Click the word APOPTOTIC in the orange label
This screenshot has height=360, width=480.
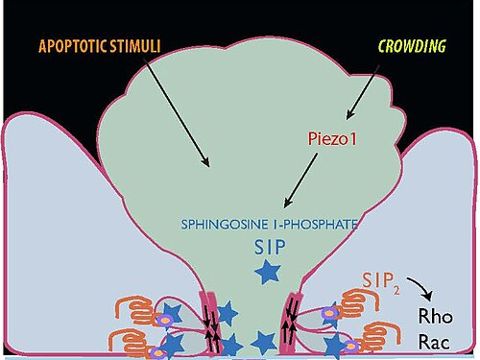click(x=72, y=46)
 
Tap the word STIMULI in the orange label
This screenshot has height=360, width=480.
click(x=134, y=46)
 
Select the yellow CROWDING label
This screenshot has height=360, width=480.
click(x=412, y=46)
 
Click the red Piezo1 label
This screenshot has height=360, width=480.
click(x=332, y=139)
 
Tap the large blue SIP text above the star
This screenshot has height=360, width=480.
click(x=270, y=248)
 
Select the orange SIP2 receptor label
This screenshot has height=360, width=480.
click(x=381, y=281)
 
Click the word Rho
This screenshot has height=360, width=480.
click(x=436, y=316)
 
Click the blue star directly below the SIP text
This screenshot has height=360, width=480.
click(x=268, y=272)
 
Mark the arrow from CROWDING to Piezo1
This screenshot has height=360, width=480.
click(x=363, y=92)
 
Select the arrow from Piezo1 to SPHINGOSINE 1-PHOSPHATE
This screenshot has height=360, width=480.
click(x=300, y=180)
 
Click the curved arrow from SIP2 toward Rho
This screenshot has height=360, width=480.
click(x=421, y=287)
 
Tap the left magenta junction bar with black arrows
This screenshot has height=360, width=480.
click(x=210, y=324)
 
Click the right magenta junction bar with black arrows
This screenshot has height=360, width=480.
click(x=291, y=323)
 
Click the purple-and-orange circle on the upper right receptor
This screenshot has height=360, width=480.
click(x=328, y=313)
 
